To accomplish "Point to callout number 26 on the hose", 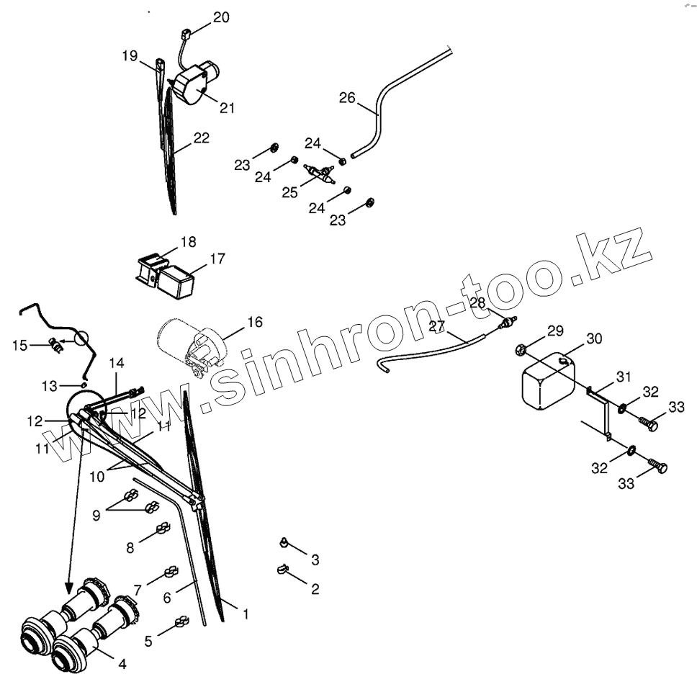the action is tap(348, 97).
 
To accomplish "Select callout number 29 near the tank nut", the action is tap(554, 331).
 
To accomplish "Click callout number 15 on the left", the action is tap(19, 345).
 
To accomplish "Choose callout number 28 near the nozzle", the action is tap(478, 302).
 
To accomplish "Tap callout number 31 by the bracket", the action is tap(624, 377).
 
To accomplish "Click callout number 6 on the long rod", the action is tap(167, 597).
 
